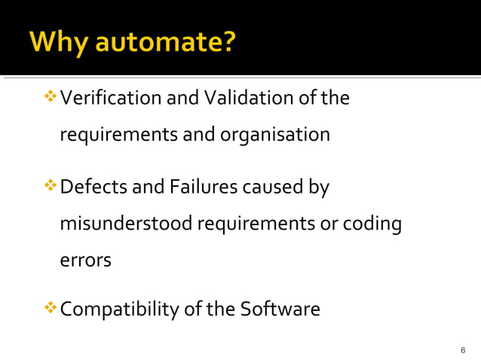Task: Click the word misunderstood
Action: tap(125, 224)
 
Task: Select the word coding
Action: tap(372, 224)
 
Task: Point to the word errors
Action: tap(85, 261)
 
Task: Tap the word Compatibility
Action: tap(120, 310)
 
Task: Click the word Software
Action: tap(280, 310)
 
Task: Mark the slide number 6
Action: tap(462, 351)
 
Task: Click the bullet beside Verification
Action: tap(51, 98)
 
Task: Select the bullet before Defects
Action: tap(51, 186)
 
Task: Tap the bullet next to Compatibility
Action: tap(51, 309)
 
